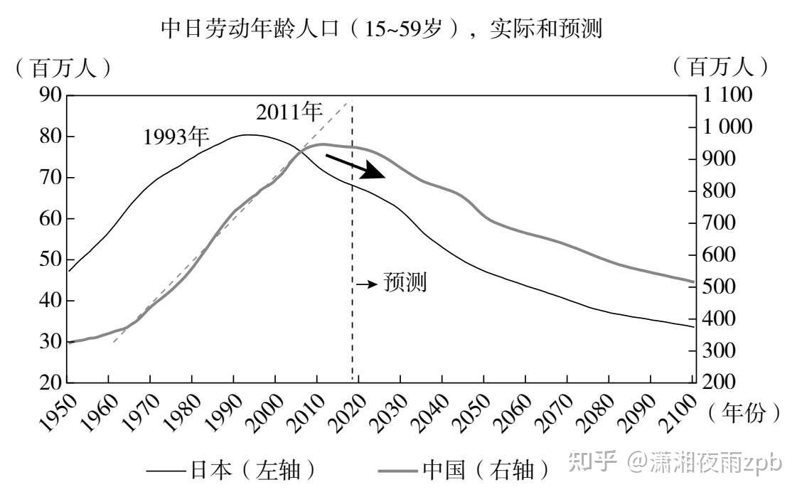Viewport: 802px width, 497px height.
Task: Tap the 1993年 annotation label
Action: tap(175, 136)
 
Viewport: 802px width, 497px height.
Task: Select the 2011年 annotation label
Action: tap(289, 112)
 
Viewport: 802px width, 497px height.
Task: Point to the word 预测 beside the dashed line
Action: tap(405, 282)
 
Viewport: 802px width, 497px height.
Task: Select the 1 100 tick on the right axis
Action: tap(727, 95)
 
